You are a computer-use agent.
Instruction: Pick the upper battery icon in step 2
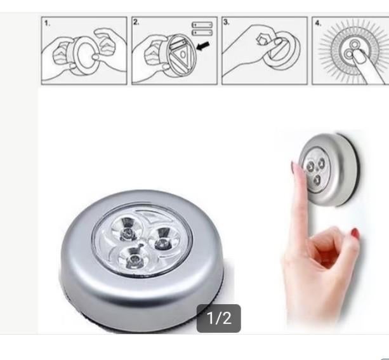click(x=202, y=25)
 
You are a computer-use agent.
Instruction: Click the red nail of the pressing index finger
click(x=293, y=169)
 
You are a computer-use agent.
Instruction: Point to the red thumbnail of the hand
click(x=355, y=233)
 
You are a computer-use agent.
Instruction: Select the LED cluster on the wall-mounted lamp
click(x=312, y=168)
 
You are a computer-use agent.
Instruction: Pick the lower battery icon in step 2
click(x=202, y=32)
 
